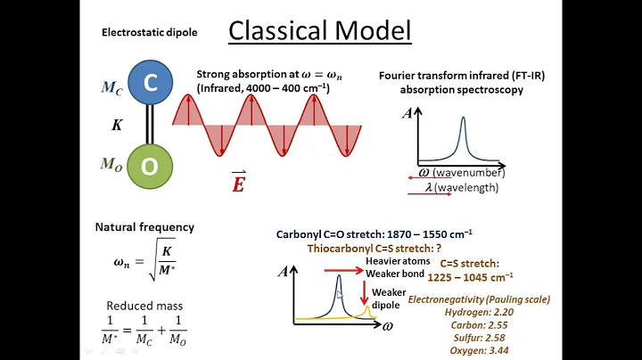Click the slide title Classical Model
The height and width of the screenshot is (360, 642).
(x=320, y=30)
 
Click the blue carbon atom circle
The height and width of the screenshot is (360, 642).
(x=151, y=84)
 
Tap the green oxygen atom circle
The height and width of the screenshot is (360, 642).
(x=151, y=168)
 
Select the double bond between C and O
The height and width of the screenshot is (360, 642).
(x=151, y=126)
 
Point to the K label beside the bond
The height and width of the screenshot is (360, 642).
(x=116, y=126)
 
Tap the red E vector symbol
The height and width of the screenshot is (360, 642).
(x=239, y=183)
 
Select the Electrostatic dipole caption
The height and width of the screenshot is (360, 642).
(x=150, y=33)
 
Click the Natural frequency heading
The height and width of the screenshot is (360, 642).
(x=144, y=227)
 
